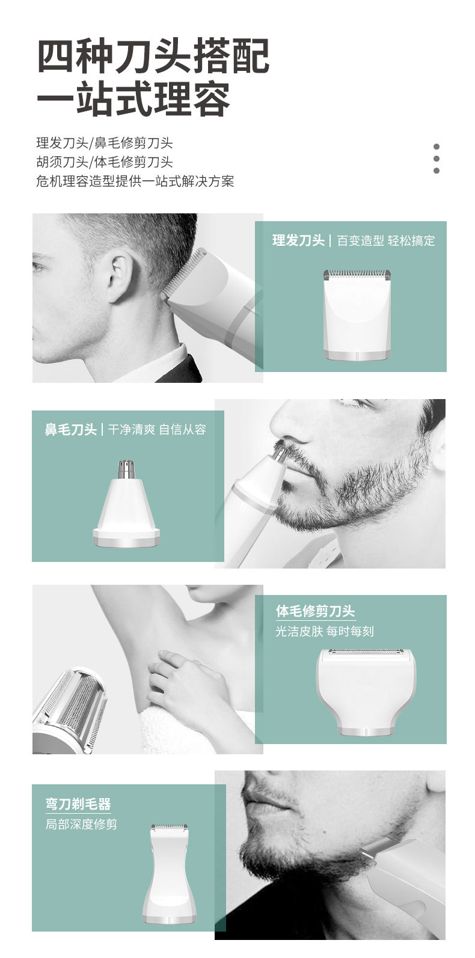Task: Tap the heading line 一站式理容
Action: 133,100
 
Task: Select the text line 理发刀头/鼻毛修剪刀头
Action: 105,143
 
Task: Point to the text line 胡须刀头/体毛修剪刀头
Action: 105,162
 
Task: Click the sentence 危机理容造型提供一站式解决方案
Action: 135,181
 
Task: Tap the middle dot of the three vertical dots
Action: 437,159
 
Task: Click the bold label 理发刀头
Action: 298,241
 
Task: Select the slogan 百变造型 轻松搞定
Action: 385,241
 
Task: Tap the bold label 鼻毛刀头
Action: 70,429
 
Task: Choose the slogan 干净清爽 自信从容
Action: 157,429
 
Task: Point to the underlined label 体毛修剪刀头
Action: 316,611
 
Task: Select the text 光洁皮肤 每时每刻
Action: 325,631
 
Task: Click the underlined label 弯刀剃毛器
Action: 78,804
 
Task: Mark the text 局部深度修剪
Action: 81,824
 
